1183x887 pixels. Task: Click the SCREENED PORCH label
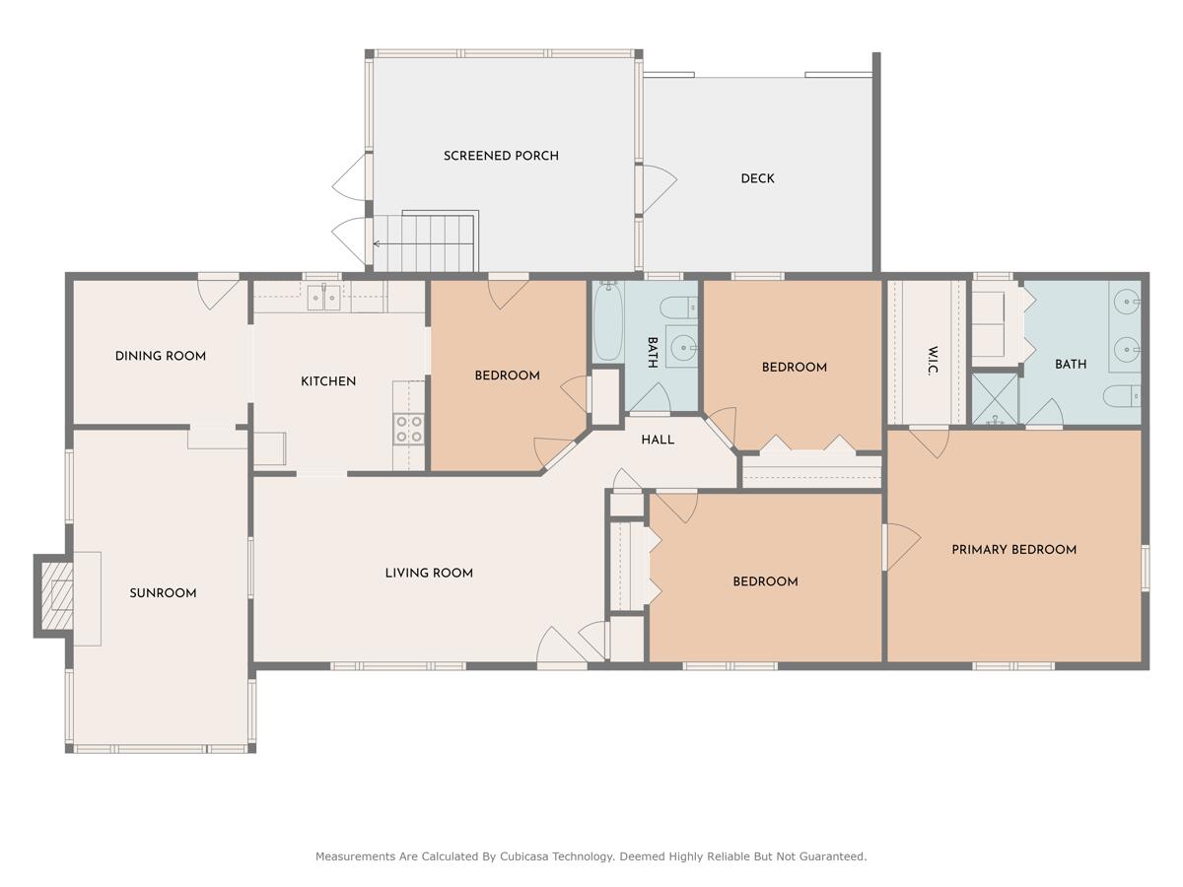(501, 156)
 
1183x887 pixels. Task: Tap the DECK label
(757, 178)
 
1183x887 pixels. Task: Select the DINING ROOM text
(161, 356)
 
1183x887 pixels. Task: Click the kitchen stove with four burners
(409, 429)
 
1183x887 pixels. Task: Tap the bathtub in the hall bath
(607, 321)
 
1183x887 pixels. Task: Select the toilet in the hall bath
(679, 307)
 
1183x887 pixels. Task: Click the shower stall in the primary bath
(995, 398)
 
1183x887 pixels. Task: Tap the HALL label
(658, 440)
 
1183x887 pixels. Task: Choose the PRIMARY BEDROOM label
(1013, 550)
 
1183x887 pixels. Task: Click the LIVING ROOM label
(429, 573)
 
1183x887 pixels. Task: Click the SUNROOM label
(163, 593)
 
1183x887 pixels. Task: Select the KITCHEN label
(328, 381)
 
